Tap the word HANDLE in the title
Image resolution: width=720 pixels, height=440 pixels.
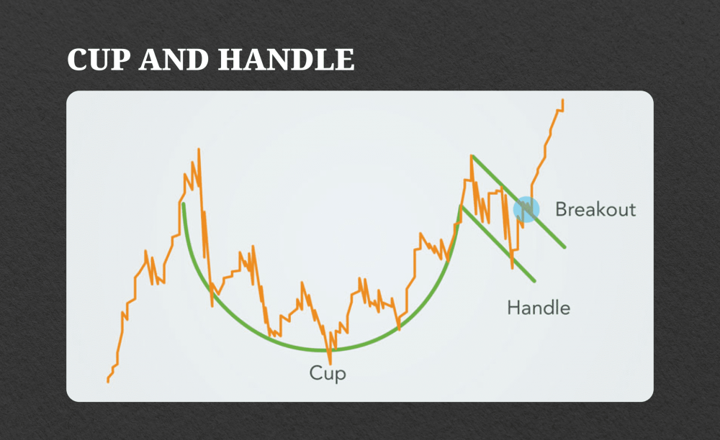point(286,60)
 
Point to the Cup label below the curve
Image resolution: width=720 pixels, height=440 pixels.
point(328,374)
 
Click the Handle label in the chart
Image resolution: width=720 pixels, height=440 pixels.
point(539,308)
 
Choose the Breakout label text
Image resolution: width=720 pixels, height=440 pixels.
point(595,209)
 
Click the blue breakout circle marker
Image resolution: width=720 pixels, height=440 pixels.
point(526,209)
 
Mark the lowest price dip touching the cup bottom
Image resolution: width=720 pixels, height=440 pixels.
point(330,362)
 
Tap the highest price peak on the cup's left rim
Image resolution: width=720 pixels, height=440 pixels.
point(198,150)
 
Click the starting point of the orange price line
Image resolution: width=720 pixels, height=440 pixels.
point(108,381)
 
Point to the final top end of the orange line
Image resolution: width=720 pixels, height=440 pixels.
point(562,101)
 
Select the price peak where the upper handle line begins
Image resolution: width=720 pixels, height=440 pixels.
point(472,156)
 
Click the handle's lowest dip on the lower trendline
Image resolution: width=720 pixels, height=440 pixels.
point(512,267)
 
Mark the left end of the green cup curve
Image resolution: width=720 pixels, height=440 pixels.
point(184,204)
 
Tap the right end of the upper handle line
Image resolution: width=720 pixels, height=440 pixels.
point(564,247)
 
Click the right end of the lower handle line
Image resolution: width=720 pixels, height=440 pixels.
point(535,280)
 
